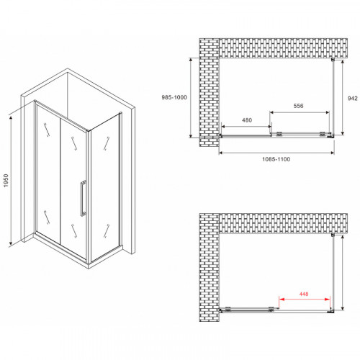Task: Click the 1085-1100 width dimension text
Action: pyautogui.click(x=276, y=162)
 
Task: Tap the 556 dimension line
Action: pyautogui.click(x=300, y=112)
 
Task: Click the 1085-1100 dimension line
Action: pyautogui.click(x=276, y=152)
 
